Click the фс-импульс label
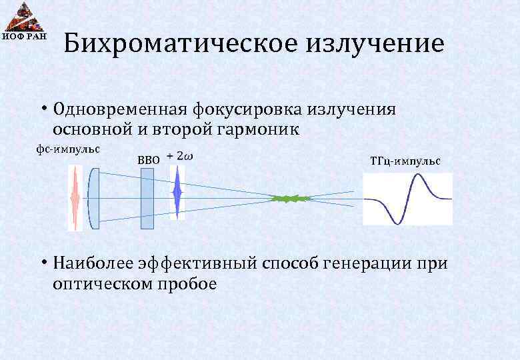67,148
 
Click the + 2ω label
180,156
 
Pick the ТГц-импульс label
405,161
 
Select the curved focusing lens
94,198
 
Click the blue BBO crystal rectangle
147,198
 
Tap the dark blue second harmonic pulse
177,193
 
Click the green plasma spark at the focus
291,198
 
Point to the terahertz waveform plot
407,198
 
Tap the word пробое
188,283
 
